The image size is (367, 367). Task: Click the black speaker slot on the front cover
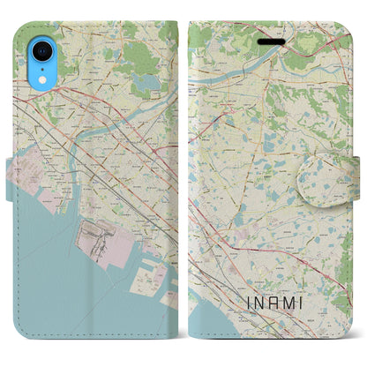coord(267,41)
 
